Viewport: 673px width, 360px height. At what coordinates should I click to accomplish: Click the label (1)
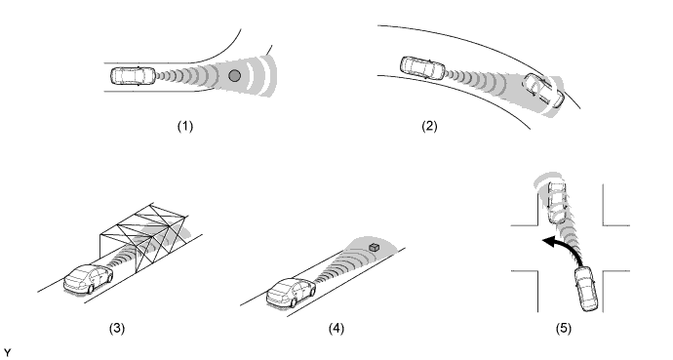point(185,126)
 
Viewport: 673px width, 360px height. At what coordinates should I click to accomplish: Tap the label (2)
point(429,126)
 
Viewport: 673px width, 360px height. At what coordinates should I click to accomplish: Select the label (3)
point(117,329)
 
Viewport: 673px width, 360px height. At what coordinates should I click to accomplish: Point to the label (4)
point(336,329)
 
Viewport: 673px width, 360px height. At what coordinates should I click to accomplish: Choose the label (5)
point(564,329)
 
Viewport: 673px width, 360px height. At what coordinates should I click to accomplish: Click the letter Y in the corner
point(7,353)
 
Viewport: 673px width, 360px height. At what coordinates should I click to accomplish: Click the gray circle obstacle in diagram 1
point(234,76)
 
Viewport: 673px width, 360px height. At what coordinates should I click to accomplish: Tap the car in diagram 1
point(133,76)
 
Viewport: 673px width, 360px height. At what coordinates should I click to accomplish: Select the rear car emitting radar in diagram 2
point(422,67)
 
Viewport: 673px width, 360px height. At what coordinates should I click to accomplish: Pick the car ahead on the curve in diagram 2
point(544,91)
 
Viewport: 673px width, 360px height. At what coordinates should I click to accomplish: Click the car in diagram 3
point(89,279)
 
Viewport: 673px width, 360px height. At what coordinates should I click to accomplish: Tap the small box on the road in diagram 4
point(374,247)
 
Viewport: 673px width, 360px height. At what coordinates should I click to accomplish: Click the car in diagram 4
point(291,293)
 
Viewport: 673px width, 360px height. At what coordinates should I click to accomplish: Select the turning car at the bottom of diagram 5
point(587,289)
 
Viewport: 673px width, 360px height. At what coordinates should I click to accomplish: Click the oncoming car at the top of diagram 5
point(557,203)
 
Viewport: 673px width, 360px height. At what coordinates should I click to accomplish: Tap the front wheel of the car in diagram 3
point(90,289)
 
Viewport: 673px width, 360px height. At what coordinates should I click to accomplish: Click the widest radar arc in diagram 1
point(270,75)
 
